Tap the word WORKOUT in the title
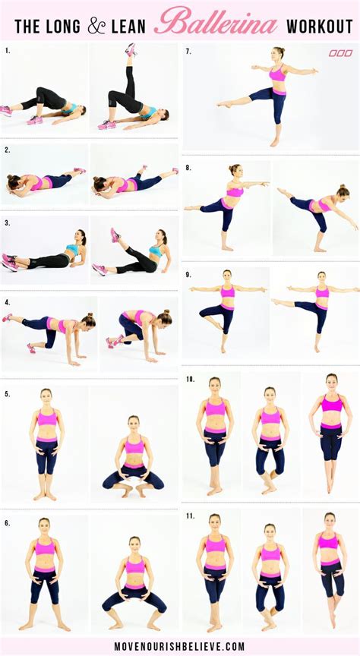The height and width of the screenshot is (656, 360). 318,27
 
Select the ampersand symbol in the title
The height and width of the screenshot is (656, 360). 97,27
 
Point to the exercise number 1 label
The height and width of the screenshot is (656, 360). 7,51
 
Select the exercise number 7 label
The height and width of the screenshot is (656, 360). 188,51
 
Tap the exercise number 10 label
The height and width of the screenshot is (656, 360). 190,378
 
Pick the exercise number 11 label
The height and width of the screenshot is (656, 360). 190,516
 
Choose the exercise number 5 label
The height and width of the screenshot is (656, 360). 7,394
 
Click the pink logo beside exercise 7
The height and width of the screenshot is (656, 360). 341,53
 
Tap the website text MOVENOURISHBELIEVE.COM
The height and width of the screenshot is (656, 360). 179,646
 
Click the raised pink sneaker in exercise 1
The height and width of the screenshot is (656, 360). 131,49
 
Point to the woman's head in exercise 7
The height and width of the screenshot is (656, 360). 279,52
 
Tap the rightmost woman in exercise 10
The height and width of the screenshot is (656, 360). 331,433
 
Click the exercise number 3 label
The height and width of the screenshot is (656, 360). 7,223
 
